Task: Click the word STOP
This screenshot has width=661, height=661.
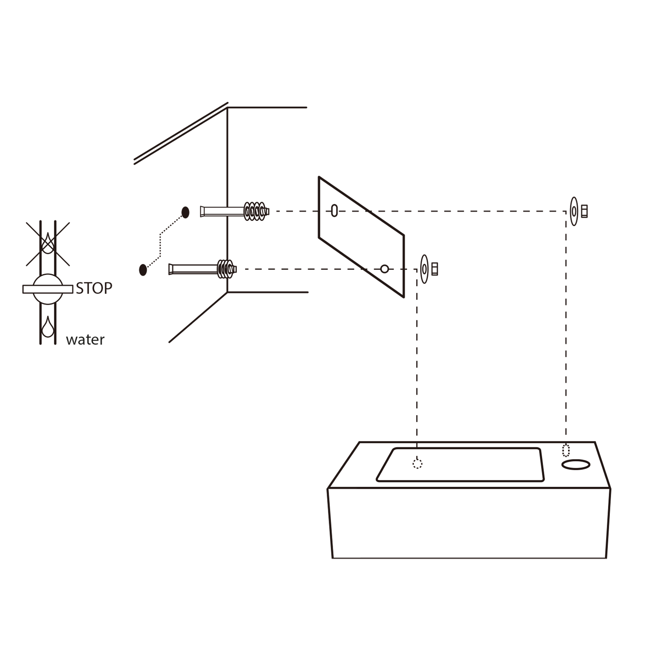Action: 94,288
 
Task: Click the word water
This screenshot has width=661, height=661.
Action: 85,340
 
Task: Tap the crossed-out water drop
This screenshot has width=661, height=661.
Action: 48,244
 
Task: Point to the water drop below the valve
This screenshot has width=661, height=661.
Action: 48,327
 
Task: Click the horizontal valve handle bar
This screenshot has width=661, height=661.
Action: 48,289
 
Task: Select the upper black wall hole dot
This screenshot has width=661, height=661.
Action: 185,212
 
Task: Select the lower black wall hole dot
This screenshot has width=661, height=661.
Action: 143,270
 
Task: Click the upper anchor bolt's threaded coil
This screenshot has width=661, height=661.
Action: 256,212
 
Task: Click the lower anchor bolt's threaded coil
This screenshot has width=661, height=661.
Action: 226,269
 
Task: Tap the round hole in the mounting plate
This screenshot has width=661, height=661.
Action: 385,269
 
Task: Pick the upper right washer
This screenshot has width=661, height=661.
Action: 574,212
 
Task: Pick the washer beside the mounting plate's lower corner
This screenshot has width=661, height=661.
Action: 424,269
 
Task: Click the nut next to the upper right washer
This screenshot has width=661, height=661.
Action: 585,211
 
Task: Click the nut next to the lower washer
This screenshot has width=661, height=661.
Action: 435,269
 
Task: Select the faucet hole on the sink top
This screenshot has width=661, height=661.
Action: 576,464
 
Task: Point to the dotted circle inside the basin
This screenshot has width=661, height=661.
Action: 417,464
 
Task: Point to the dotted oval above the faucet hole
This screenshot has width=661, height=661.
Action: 566,450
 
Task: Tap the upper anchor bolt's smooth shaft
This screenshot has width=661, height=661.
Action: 222,212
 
